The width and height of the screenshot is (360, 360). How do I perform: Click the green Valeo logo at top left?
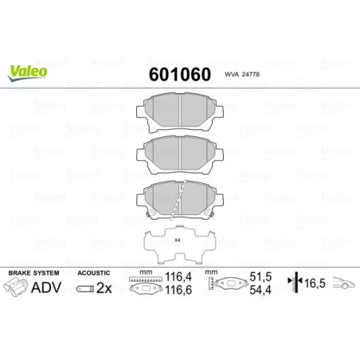[29, 71]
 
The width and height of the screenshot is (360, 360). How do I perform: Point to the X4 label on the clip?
[178, 240]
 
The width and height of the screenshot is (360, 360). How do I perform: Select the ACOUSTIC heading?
[93, 273]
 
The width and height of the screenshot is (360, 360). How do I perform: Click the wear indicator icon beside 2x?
[84, 290]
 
